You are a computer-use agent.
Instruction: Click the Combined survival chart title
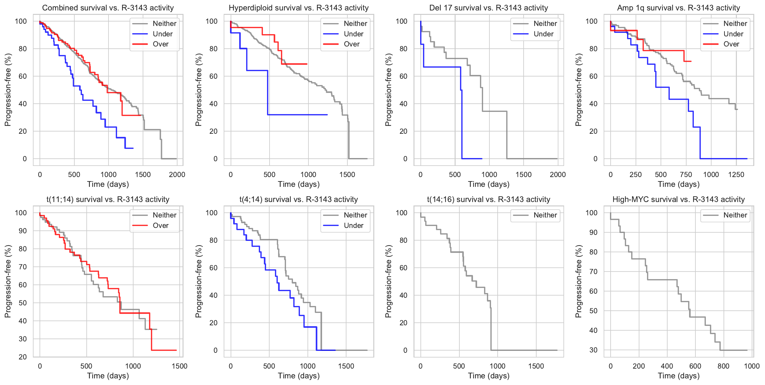pyautogui.click(x=108, y=8)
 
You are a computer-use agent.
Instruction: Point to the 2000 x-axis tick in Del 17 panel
pyautogui.click(x=557, y=174)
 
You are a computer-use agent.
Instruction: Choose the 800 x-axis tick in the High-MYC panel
pyautogui.click(x=723, y=366)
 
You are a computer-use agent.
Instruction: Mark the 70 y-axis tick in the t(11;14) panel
pyautogui.click(x=23, y=267)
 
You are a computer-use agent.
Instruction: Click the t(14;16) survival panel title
pyautogui.click(x=488, y=199)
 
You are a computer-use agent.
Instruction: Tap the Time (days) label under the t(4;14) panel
pyautogui.click(x=299, y=376)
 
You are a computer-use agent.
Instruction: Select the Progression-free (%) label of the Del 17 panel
pyautogui.click(x=389, y=90)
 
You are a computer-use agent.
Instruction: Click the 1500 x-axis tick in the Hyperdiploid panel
pyautogui.click(x=347, y=174)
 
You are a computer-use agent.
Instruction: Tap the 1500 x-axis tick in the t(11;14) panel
pyautogui.click(x=179, y=366)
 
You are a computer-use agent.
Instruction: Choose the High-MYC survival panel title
pyautogui.click(x=678, y=199)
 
